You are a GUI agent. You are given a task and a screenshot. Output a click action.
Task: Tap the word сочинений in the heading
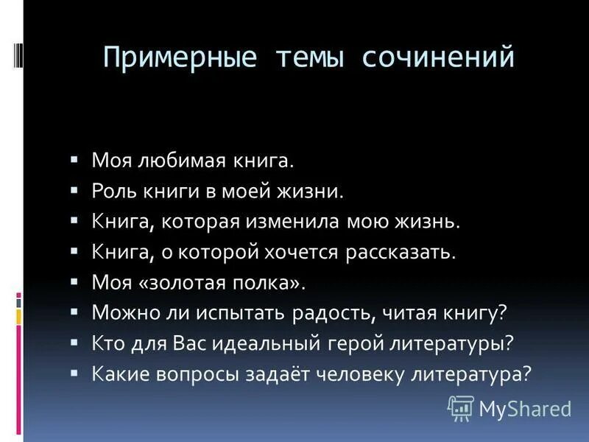pos(437,57)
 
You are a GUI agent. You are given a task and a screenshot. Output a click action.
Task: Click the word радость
pos(334,313)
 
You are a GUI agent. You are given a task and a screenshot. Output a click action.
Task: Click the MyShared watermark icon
pos(461,407)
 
